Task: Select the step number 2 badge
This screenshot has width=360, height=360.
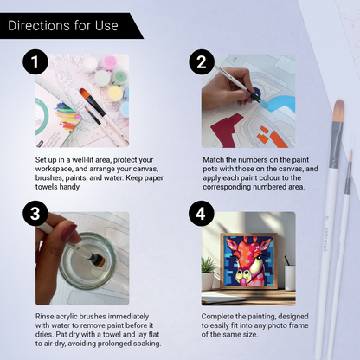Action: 202,63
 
